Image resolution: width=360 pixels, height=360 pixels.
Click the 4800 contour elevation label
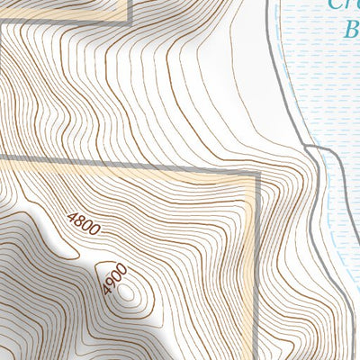[x=84, y=224]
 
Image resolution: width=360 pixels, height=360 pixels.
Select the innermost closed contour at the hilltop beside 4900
[x=125, y=292]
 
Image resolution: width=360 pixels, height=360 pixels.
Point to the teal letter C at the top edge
[x=335, y=4]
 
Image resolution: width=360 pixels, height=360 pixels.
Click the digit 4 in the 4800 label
[x=72, y=216]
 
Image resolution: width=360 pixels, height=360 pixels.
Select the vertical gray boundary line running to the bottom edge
[x=257, y=270]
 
